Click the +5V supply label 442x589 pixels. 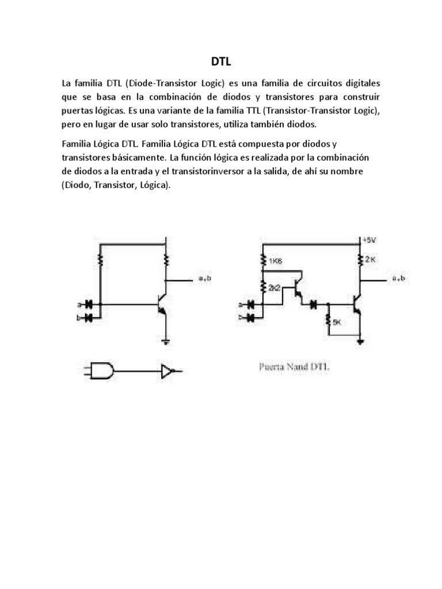[368, 240]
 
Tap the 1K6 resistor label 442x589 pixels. [275, 261]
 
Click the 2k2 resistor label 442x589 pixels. [274, 287]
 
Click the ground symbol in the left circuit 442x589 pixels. [166, 343]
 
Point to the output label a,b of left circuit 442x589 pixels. [205, 279]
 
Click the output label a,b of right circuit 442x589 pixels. [398, 279]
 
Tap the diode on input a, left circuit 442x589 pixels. [89, 304]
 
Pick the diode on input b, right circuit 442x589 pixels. [251, 316]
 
